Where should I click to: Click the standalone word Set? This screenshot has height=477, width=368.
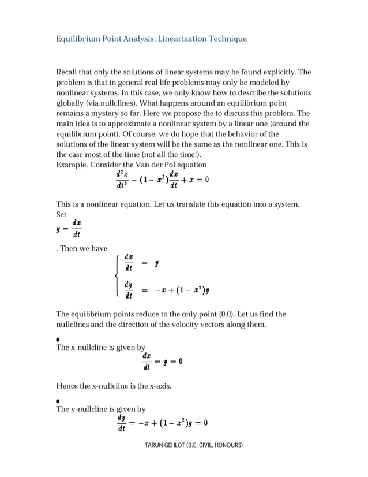click(62, 214)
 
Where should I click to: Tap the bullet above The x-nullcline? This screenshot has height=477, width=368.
click(58, 340)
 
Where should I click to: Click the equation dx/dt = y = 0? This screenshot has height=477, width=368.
click(162, 362)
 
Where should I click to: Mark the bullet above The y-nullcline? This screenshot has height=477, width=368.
click(58, 400)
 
